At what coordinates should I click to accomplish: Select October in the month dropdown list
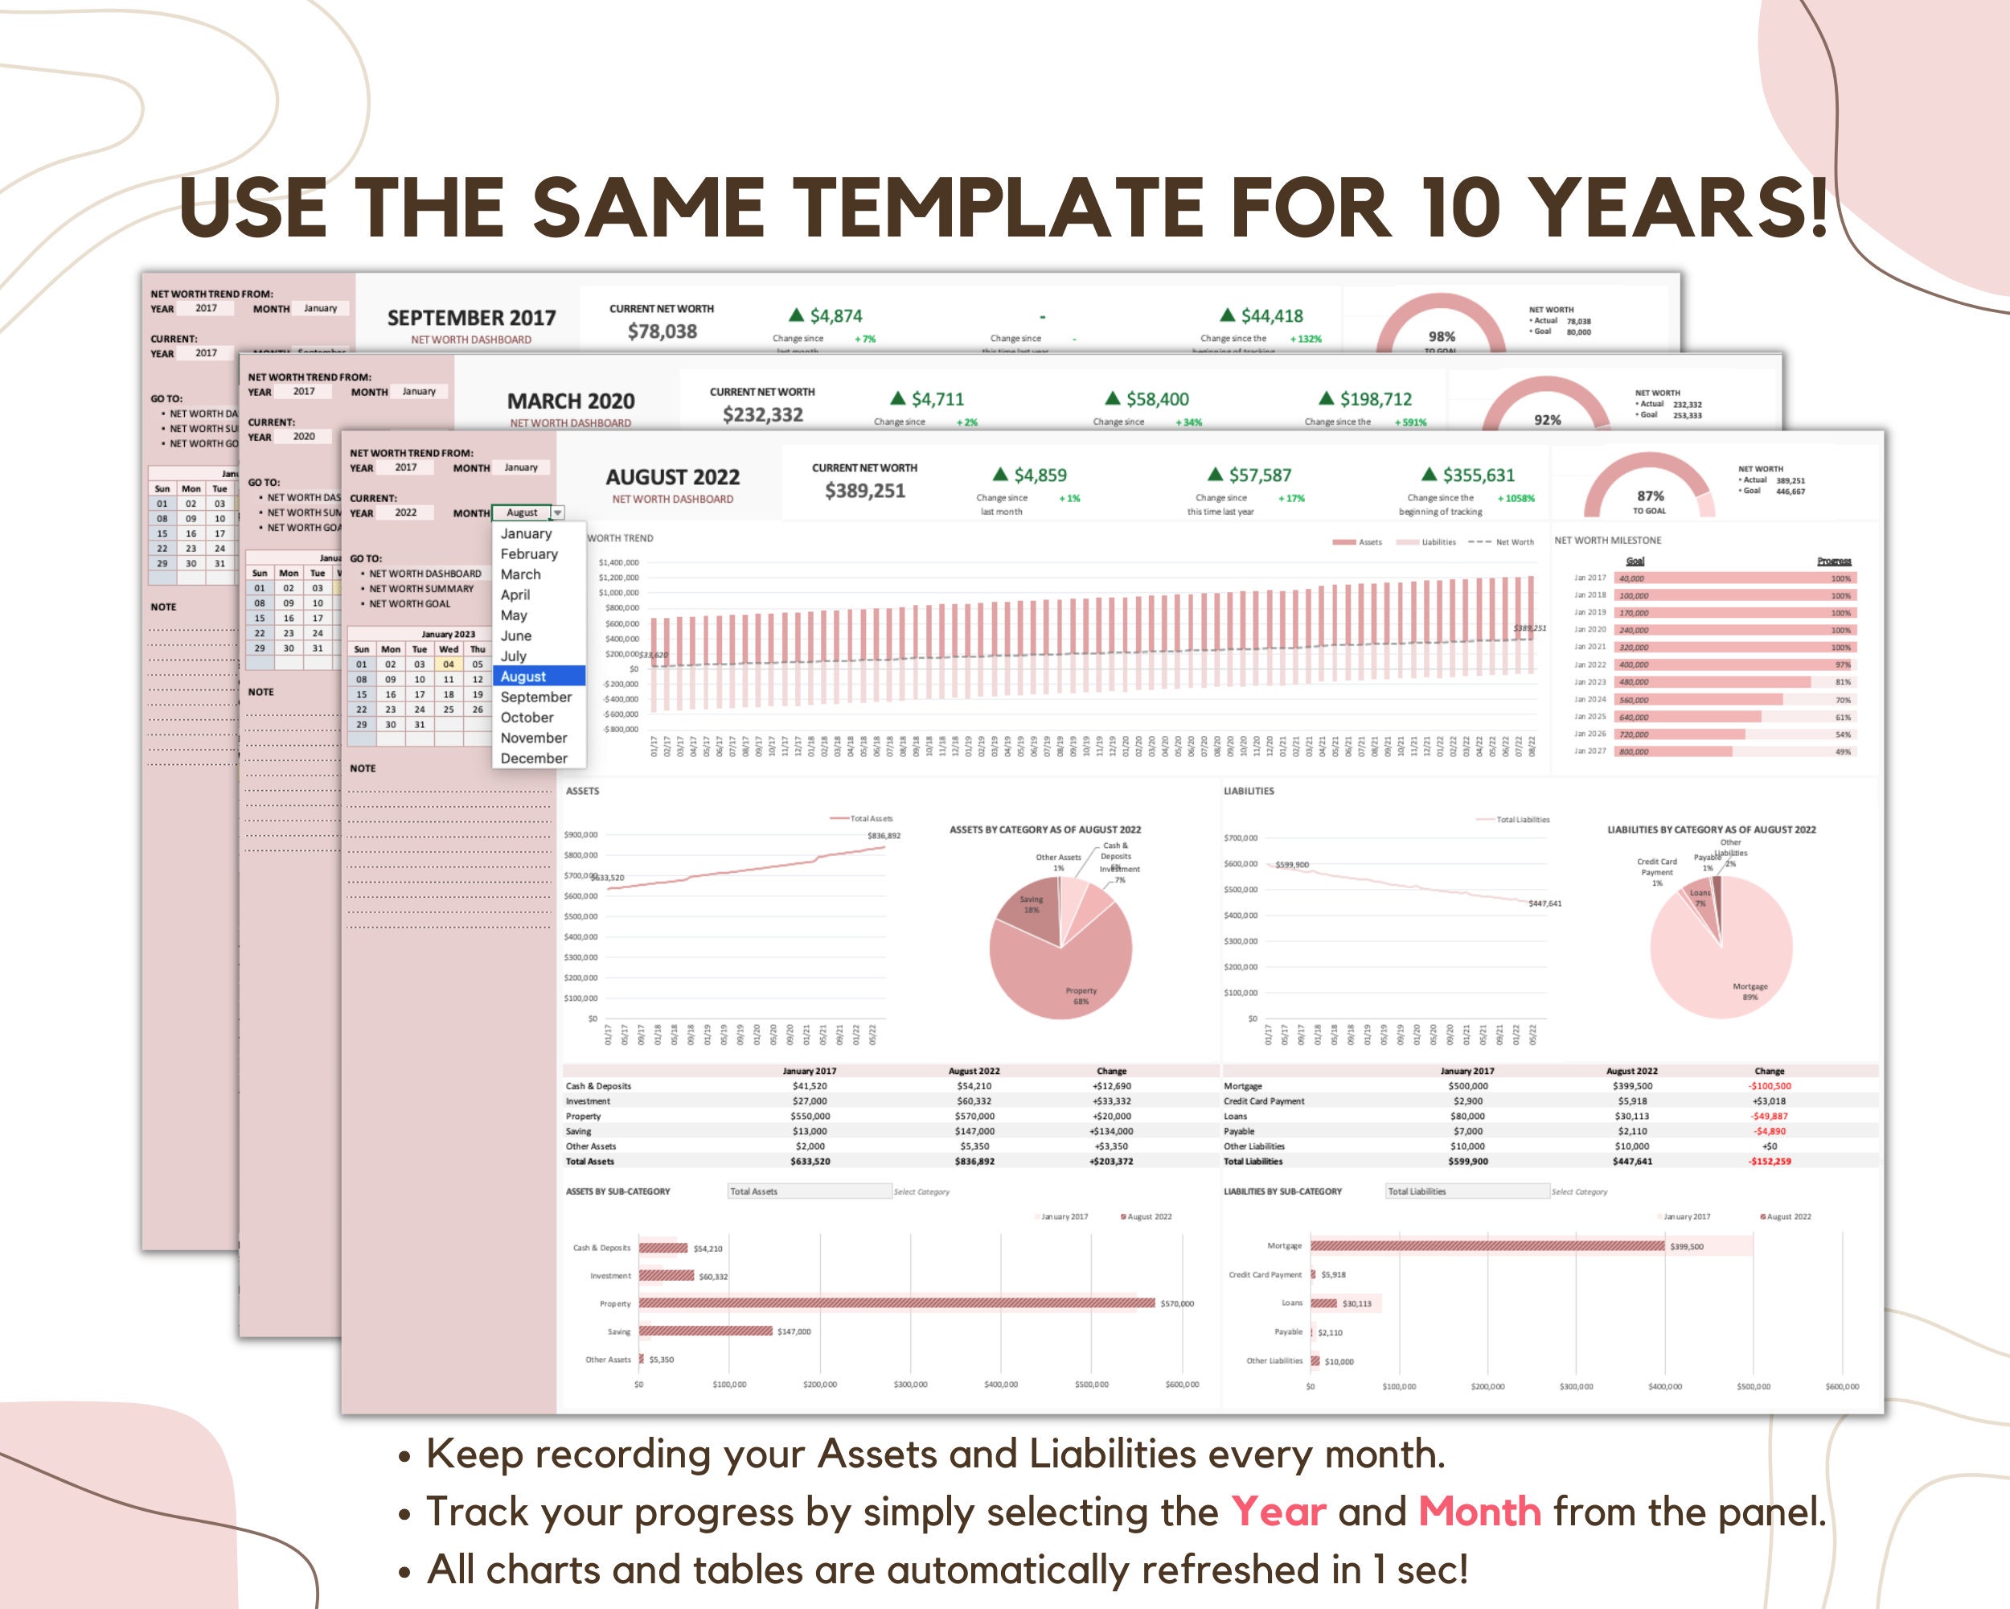click(527, 718)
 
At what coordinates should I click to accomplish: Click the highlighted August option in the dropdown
click(524, 677)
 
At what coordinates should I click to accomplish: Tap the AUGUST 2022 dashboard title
click(672, 476)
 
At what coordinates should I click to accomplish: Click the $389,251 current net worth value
click(864, 491)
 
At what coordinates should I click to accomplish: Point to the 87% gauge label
click(1650, 496)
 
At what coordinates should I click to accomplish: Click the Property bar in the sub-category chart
click(895, 1303)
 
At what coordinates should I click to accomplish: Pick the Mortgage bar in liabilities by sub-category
click(1487, 1246)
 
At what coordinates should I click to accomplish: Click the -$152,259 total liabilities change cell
click(1769, 1161)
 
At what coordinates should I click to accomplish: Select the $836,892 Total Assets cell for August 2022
click(974, 1161)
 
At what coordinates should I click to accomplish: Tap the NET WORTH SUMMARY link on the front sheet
click(421, 589)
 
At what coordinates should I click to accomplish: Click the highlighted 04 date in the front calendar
click(449, 665)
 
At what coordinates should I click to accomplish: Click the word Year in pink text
click(1278, 1512)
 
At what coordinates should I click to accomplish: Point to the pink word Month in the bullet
click(1479, 1512)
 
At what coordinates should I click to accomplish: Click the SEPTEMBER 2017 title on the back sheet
click(471, 318)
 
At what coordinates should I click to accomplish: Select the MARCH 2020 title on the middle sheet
click(571, 401)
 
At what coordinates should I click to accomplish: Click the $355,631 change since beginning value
click(1478, 475)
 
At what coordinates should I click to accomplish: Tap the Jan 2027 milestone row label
click(1590, 751)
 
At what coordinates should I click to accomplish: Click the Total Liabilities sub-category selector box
click(1466, 1191)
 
